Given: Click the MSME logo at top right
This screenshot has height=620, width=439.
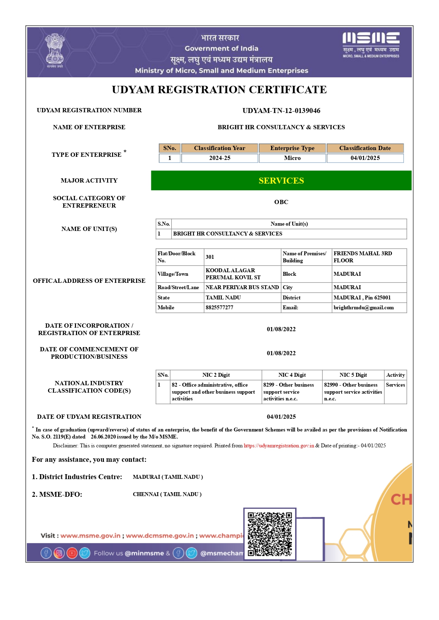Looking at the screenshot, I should tap(371, 45).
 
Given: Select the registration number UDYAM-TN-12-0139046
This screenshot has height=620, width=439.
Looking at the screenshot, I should tap(281, 111).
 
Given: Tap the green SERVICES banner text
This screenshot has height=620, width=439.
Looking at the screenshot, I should tap(281, 180).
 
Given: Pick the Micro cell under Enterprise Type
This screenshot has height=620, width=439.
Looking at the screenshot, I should tap(292, 158).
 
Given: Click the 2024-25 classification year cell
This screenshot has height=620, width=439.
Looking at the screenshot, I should tap(219, 158).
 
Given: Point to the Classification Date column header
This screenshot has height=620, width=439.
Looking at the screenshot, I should tap(365, 148).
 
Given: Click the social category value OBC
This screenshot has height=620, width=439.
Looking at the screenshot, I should tap(281, 202).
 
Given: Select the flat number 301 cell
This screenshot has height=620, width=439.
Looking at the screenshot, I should tap(210, 257).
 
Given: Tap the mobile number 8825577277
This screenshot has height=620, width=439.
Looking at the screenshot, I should tap(219, 308).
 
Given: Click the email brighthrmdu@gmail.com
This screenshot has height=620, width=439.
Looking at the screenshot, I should tap(363, 308).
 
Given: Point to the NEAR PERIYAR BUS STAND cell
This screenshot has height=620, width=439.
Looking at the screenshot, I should tap(242, 287).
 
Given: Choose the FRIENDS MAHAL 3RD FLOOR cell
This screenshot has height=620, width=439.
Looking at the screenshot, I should tap(363, 257).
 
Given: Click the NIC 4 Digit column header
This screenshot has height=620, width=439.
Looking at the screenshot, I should tap(292, 375).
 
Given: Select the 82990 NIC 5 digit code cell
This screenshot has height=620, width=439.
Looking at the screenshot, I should tap(353, 392).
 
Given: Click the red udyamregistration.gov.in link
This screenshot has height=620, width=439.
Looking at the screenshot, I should tap(279, 446).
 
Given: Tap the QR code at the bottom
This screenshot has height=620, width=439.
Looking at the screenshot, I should tap(270, 534).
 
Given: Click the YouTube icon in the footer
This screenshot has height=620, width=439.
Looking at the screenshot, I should tap(72, 553).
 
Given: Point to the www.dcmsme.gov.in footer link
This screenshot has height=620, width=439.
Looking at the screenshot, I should tap(160, 536).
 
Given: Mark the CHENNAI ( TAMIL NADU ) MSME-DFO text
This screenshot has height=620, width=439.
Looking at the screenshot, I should tap(167, 494).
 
